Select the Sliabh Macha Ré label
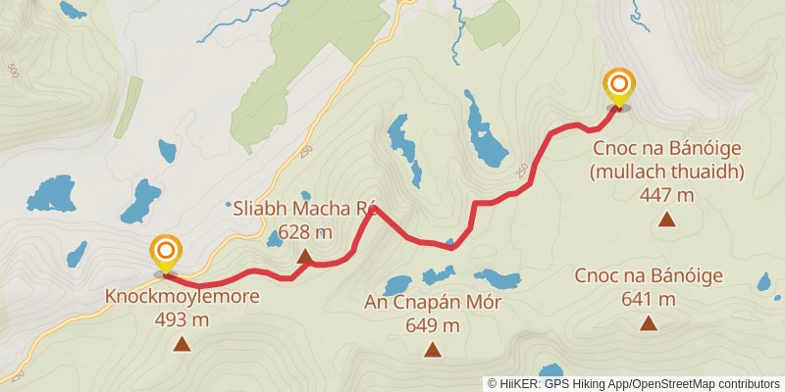coord(305,210)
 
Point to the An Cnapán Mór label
coord(432,303)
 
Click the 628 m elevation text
coord(304,232)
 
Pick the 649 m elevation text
coord(432,325)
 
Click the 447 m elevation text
coord(667,195)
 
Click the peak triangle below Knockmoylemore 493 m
coord(182,343)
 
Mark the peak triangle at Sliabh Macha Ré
coord(304,257)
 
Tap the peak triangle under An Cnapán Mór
coord(432,349)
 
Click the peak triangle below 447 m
coord(667,219)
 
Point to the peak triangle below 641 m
coord(649,322)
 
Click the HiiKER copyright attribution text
coord(633,384)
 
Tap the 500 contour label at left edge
coord(13,71)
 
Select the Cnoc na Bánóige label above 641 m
coord(650,276)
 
